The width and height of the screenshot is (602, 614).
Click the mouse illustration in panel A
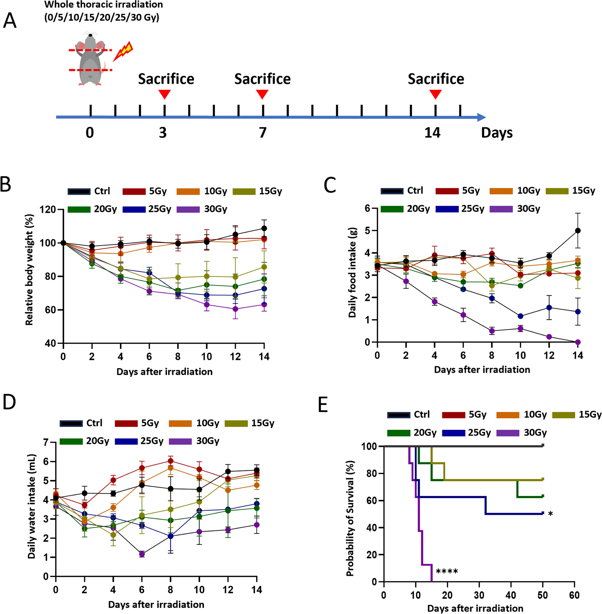(90, 60)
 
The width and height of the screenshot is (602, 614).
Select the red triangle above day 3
(164, 94)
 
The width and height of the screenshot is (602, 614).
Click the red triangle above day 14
(436, 94)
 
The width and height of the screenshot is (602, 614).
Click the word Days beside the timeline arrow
(496, 133)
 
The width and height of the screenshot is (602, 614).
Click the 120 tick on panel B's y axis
(47, 209)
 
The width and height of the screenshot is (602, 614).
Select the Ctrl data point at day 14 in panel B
(264, 228)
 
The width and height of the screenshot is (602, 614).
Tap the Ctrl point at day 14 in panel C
(578, 230)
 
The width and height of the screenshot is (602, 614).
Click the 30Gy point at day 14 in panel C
(578, 342)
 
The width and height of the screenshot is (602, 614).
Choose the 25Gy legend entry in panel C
(460, 209)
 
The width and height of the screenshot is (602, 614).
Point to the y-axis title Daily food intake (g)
(352, 272)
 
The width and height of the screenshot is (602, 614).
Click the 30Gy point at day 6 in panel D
(142, 554)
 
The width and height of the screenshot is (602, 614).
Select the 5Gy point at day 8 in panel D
(170, 461)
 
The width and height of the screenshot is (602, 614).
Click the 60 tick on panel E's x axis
(574, 595)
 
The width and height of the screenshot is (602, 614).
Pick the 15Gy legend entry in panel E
(577, 414)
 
